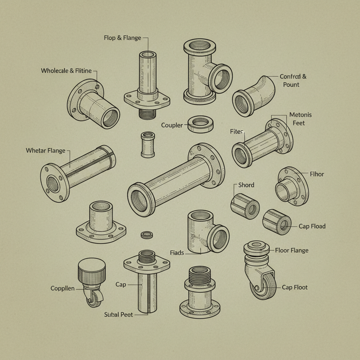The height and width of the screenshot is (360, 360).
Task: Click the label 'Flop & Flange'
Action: (122, 38)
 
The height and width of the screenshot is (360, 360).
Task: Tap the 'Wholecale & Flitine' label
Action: (66, 71)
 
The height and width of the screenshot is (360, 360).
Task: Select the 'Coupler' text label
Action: (172, 125)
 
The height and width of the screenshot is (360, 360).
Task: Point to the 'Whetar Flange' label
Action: (46, 150)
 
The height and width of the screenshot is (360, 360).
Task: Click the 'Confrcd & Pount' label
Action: (293, 81)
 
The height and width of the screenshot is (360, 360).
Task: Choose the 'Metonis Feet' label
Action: (300, 119)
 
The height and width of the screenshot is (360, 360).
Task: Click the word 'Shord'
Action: (246, 185)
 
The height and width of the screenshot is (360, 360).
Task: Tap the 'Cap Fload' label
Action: (312, 226)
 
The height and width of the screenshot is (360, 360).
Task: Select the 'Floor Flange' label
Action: (291, 250)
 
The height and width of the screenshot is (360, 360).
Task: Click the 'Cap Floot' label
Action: (295, 287)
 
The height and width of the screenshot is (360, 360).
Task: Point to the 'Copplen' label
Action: (63, 288)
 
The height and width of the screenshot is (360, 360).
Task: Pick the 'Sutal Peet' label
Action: (119, 314)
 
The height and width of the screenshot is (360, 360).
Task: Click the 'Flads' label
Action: (177, 252)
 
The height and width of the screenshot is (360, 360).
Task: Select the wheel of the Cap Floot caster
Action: (264, 287)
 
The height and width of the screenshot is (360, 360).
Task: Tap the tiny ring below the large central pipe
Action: (146, 235)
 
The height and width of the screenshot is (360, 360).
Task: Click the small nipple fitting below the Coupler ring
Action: (147, 144)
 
